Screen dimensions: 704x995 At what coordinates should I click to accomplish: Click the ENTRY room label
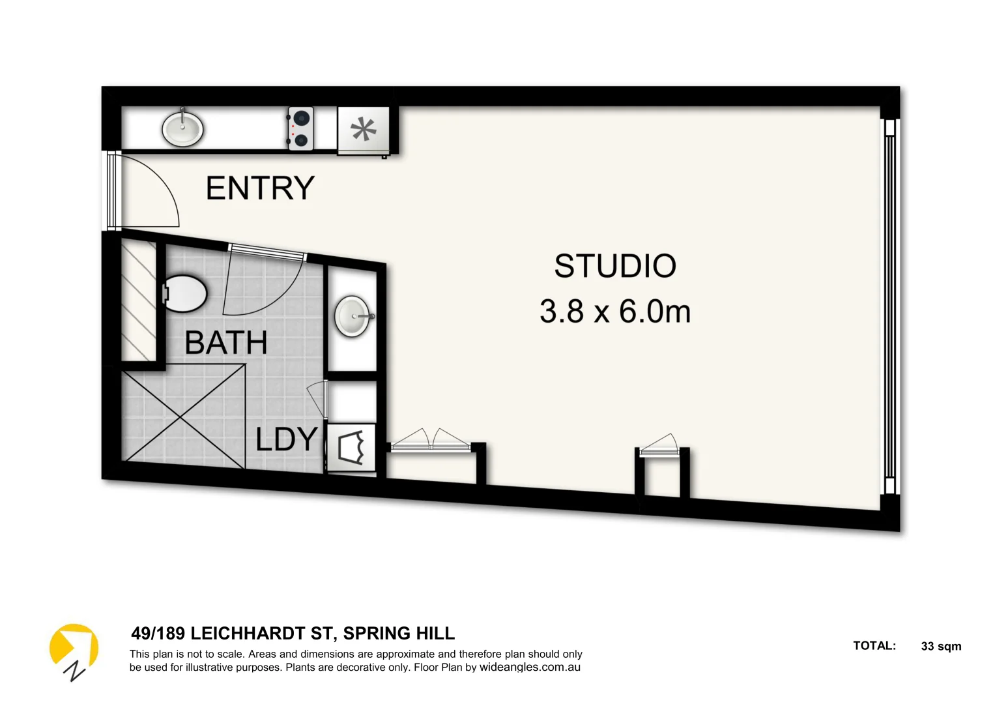(x=260, y=188)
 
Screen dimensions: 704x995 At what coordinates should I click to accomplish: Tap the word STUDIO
(x=615, y=266)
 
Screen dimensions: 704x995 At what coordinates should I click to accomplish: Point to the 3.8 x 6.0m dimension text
(x=615, y=312)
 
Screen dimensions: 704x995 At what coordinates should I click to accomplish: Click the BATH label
(x=226, y=343)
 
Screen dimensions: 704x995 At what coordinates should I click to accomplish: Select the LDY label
(x=287, y=439)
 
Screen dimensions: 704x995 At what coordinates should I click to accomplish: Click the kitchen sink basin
(x=182, y=128)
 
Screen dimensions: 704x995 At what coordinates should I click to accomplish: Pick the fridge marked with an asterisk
(x=363, y=130)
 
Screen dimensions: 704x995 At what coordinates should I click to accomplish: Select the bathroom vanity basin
(x=353, y=317)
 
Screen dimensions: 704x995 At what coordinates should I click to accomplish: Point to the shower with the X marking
(x=184, y=417)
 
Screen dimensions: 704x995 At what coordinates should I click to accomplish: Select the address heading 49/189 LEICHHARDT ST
(x=293, y=634)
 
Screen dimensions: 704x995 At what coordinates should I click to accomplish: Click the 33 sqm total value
(x=941, y=647)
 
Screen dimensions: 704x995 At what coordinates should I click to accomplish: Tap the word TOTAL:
(x=874, y=646)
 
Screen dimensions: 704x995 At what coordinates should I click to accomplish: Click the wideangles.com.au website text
(x=530, y=667)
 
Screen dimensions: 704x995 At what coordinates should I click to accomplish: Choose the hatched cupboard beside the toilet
(x=139, y=300)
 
